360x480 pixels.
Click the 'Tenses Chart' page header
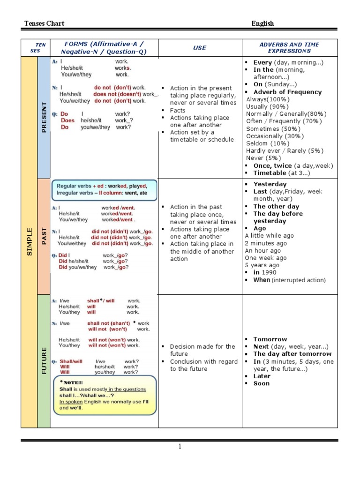point(45,23)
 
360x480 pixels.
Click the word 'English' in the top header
point(262,23)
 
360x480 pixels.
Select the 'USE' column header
point(200,48)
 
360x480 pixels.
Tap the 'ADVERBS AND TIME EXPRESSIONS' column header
point(289,48)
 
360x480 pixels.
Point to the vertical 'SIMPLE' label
point(30,241)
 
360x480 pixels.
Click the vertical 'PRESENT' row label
point(44,117)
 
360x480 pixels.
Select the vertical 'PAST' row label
point(44,236)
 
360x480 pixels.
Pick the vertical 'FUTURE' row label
point(44,360)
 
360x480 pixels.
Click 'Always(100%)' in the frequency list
point(268,99)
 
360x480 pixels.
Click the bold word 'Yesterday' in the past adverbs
point(270,184)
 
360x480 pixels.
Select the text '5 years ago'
point(262,265)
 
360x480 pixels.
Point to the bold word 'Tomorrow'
point(270,339)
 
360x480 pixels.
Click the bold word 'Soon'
point(262,383)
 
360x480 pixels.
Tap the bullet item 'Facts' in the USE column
point(178,111)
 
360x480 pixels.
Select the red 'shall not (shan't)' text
point(108,323)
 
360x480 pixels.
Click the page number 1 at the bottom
point(180,447)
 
